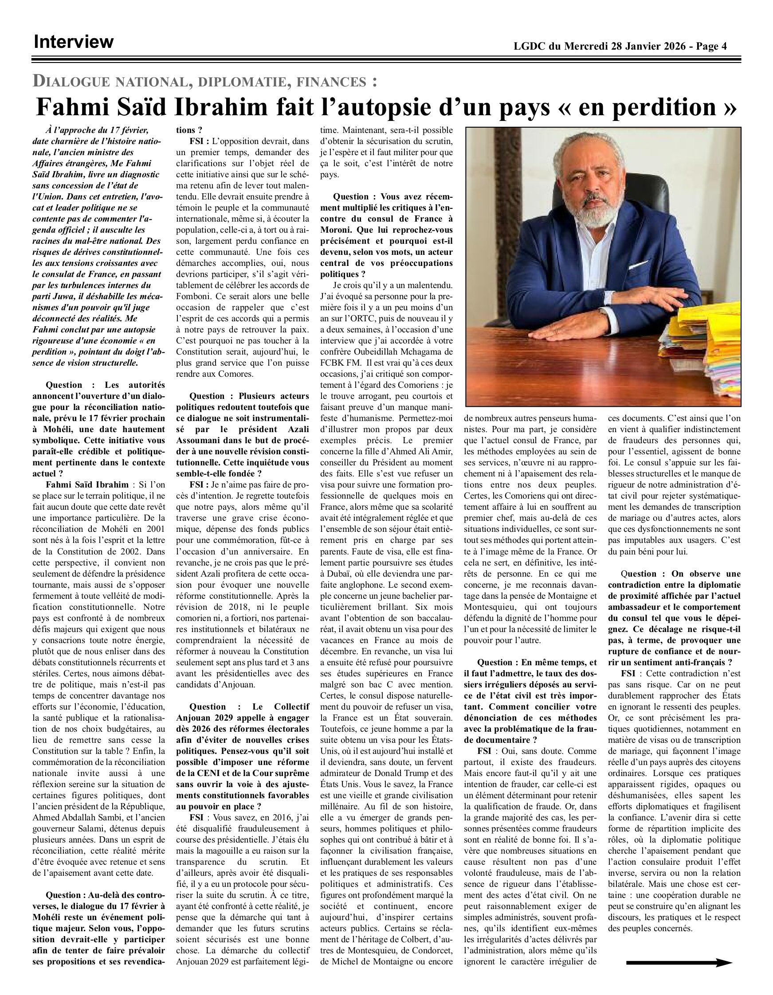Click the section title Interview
click(73, 42)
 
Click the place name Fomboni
click(193, 296)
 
